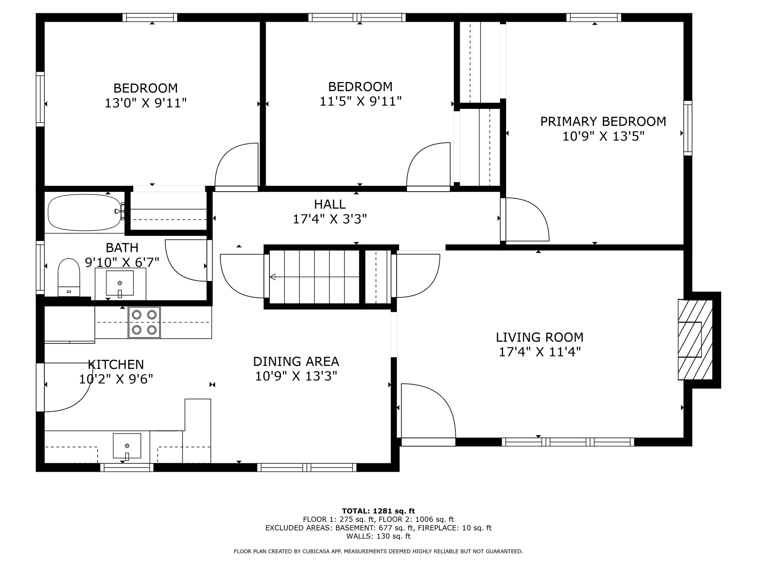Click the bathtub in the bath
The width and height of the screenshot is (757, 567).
[85, 212]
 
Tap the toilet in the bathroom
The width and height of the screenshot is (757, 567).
[69, 277]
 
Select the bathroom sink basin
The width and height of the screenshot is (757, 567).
[120, 283]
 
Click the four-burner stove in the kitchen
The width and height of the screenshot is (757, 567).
[144, 322]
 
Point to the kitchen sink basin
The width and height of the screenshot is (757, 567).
[127, 446]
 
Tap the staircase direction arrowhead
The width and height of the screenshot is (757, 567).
[273, 277]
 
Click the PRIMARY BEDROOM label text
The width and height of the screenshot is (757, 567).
[603, 121]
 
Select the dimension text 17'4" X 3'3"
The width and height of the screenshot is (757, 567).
[330, 219]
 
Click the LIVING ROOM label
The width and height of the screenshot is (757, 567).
[540, 337]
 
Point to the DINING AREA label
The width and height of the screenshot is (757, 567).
[296, 361]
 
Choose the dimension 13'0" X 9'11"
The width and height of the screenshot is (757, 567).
[146, 103]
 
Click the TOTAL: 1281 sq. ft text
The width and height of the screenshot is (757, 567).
[378, 511]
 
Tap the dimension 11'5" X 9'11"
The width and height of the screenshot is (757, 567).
[360, 101]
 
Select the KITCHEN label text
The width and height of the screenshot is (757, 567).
[116, 364]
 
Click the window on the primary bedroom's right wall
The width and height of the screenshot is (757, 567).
[688, 128]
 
